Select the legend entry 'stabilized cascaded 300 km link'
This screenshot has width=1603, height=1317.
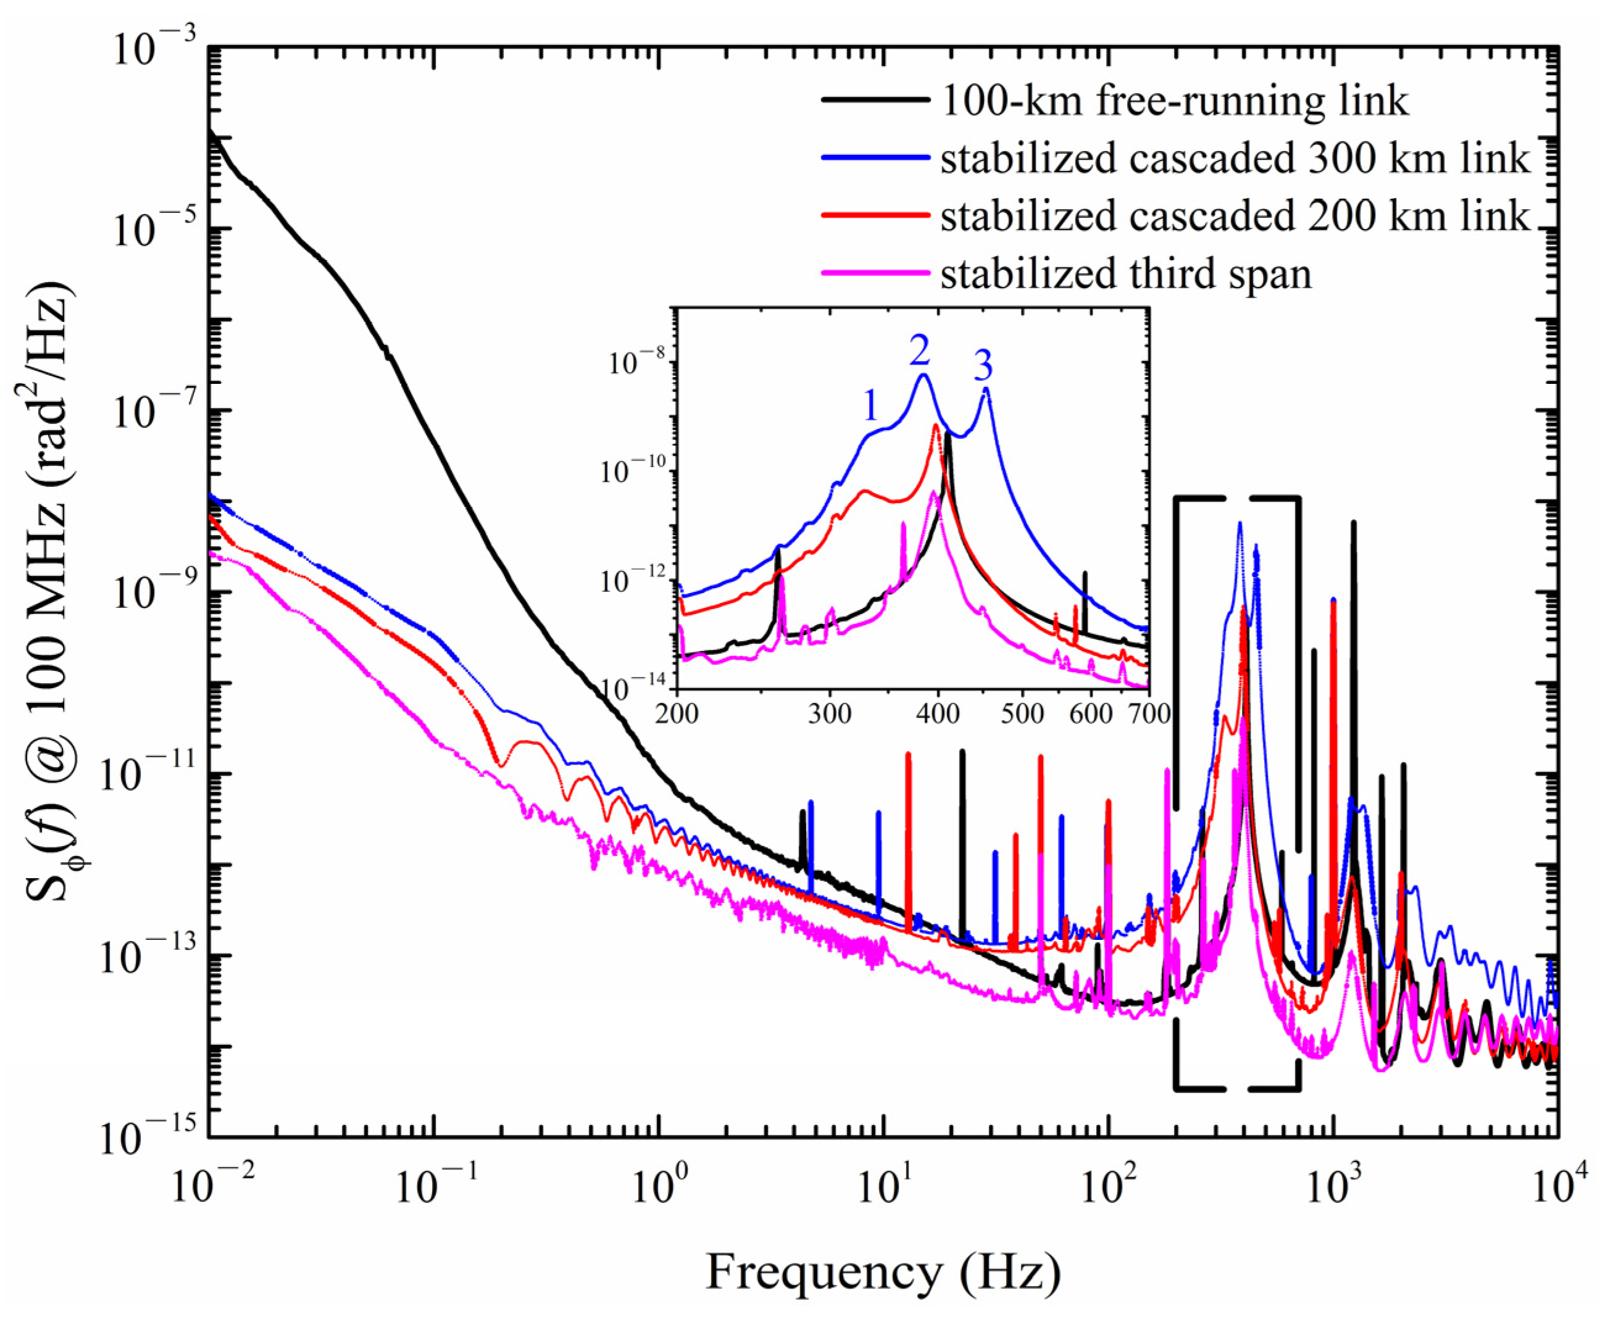[1235, 159]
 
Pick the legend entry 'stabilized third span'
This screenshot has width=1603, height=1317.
[1126, 273]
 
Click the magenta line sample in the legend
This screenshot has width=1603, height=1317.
[875, 272]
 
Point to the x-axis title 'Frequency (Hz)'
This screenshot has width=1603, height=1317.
[883, 1272]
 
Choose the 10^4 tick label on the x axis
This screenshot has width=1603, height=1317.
[1554, 1185]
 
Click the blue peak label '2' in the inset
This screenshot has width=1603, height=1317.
[918, 351]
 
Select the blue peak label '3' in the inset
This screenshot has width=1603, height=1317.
[983, 367]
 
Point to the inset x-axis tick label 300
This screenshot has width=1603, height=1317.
[829, 714]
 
